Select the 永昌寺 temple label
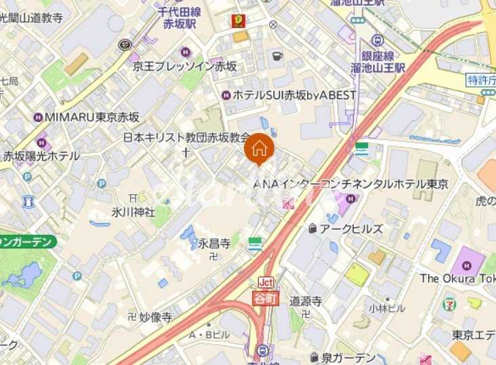click(213, 242)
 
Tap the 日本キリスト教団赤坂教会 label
click(186, 137)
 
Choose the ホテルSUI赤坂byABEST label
click(294, 95)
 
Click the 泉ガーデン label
click(348, 358)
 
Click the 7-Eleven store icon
click(449, 305)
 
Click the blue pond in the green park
click(23, 275)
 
